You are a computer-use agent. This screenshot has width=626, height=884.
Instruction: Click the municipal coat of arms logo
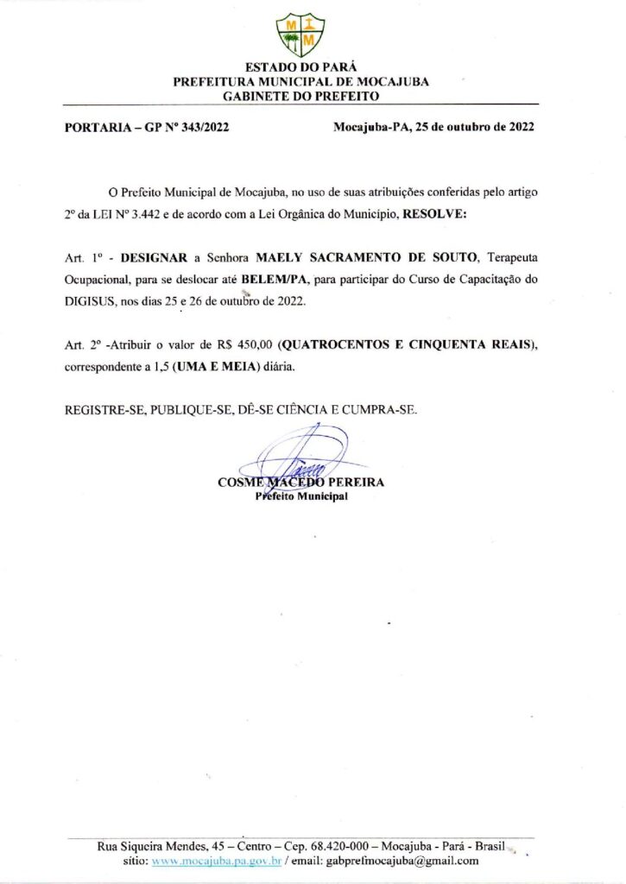click(300, 34)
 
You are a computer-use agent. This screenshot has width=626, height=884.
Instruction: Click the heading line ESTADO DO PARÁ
click(300, 67)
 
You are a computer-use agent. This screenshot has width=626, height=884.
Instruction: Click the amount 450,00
click(243, 344)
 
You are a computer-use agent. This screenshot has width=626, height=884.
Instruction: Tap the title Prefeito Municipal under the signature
click(301, 496)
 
